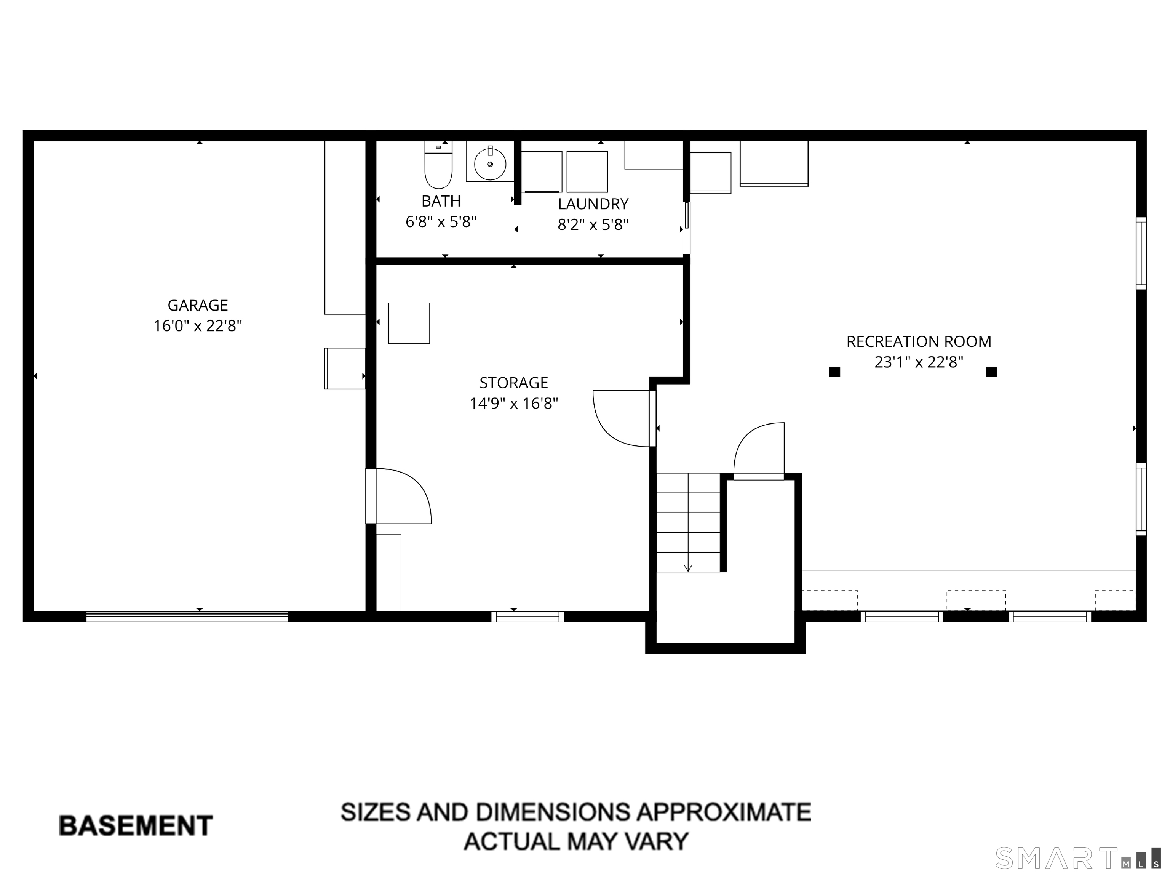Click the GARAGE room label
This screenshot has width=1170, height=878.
198,305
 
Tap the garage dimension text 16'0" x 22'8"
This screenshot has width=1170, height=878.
198,326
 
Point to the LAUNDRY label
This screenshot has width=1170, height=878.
593,204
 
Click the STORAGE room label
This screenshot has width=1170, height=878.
514,383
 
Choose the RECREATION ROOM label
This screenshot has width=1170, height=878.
919,342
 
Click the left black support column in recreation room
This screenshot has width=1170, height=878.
834,372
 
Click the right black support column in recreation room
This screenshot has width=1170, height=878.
992,372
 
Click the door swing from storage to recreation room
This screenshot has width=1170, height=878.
622,418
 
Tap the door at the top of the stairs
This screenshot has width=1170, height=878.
759,451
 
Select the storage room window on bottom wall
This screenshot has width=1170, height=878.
527,617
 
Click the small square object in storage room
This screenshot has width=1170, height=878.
409,324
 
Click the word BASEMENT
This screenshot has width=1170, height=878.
136,826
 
